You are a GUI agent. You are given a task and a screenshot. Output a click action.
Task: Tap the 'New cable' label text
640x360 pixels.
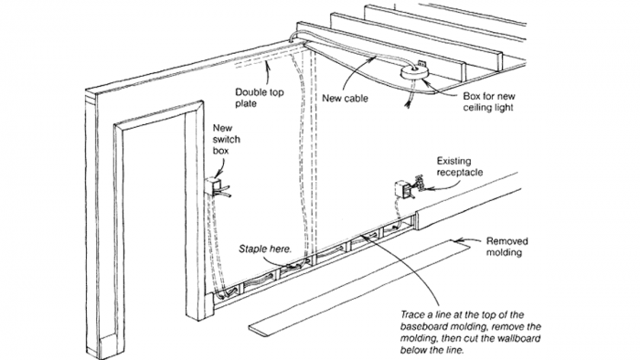[347, 98]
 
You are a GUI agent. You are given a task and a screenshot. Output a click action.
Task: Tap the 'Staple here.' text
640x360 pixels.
[265, 248]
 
